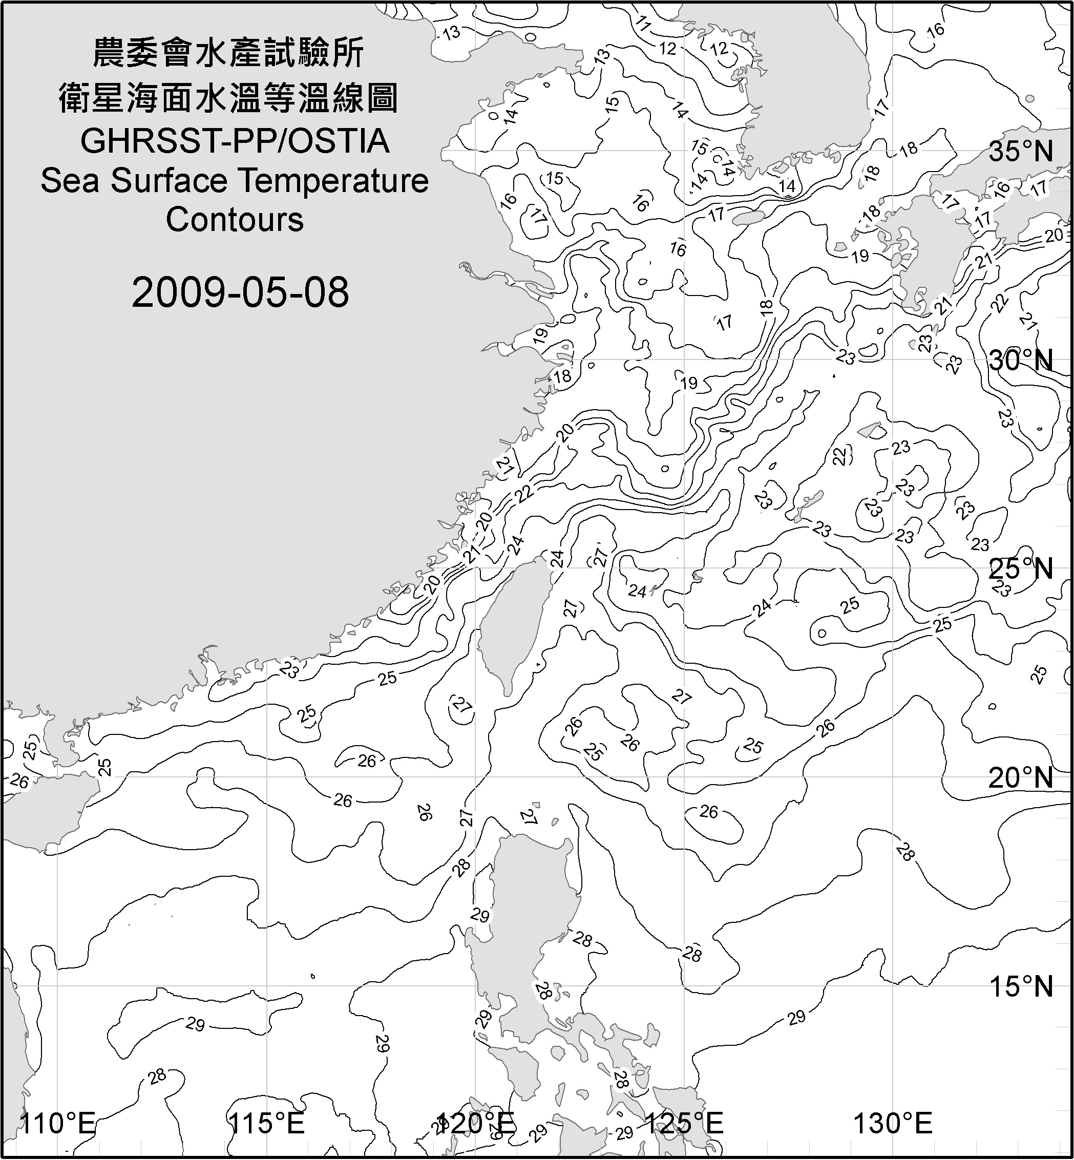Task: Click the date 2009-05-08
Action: coord(240,292)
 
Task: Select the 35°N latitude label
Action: coord(1021,152)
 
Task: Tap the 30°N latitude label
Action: coord(1021,361)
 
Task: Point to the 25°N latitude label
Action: coord(1021,569)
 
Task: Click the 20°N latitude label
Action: coord(1021,777)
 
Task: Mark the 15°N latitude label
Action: coord(1021,987)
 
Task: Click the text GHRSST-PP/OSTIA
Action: coord(234,141)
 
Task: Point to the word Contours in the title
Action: coord(234,220)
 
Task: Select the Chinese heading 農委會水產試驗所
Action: coord(228,53)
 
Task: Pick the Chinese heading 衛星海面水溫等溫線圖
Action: coord(228,98)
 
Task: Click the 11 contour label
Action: coord(642,23)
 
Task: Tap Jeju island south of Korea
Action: coord(747,219)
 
